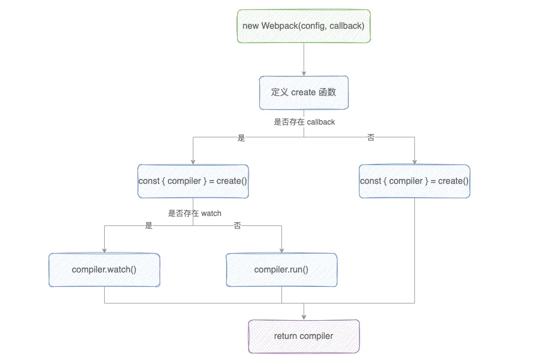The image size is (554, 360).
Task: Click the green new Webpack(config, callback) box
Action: coord(304,26)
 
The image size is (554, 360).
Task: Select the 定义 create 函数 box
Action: coord(304,92)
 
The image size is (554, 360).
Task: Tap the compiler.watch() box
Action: coord(104,270)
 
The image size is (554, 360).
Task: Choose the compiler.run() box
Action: coord(281,270)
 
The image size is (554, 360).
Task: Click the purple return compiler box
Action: coord(304,336)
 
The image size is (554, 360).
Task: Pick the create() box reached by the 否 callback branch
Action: coord(414,181)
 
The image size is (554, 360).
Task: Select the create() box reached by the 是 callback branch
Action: coord(193,181)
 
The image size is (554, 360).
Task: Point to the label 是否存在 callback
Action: coord(304,122)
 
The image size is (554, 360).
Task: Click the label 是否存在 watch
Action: coord(194,213)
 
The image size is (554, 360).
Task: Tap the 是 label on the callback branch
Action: coord(241,138)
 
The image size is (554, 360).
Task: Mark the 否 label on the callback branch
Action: coord(371,138)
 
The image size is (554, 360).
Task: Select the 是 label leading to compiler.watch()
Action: coord(148,226)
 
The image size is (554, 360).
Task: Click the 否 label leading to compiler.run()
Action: coord(238,226)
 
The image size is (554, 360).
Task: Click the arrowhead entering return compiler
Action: coord(304,317)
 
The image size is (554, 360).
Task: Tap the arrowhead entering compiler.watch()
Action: coord(104,250)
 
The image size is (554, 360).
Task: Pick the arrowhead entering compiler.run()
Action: coord(281,250)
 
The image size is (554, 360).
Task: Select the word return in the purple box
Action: coord(285,336)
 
